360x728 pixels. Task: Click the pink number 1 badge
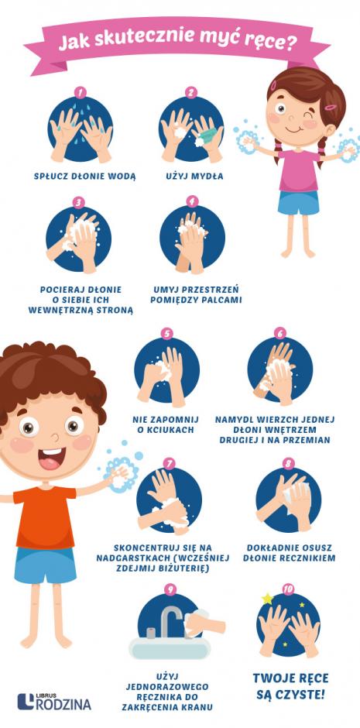(81, 92)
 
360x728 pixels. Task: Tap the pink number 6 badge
(279, 333)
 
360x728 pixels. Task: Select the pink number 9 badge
(170, 589)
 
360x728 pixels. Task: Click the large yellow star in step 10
(268, 599)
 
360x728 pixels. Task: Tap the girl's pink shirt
(299, 170)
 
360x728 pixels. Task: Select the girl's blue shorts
(299, 202)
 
